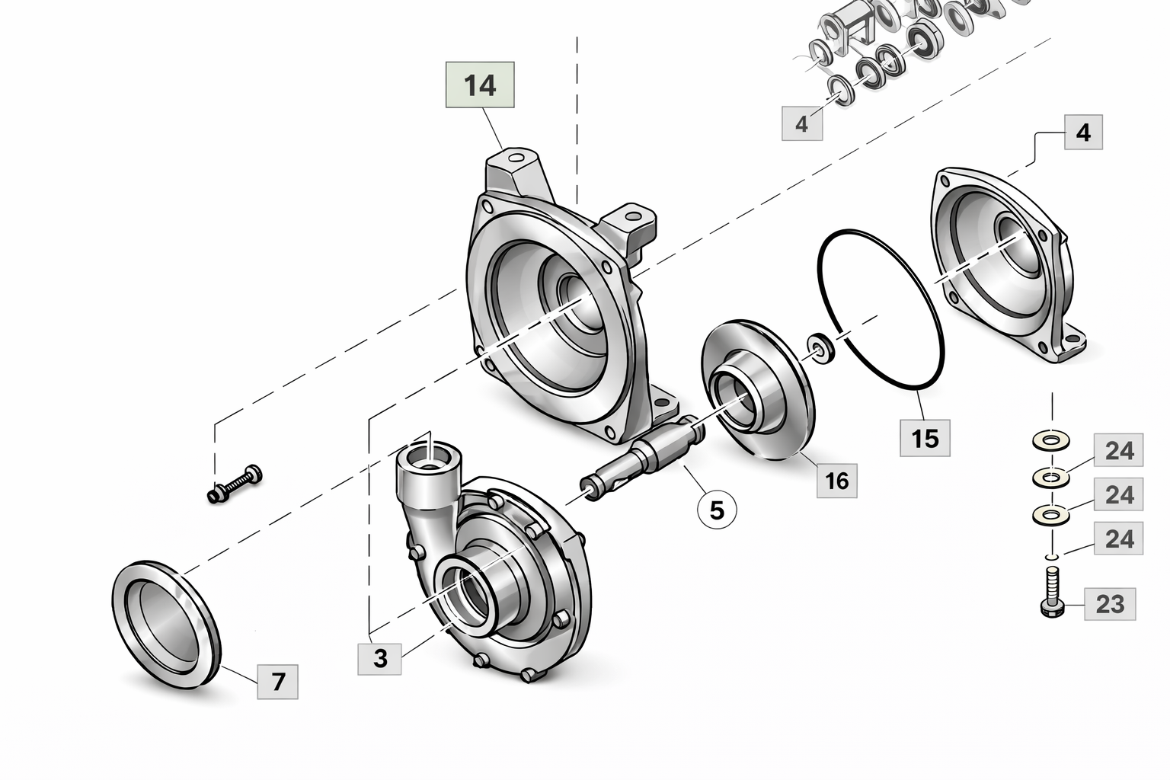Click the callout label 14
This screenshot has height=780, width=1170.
coord(480,85)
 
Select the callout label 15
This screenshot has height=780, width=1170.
coord(925,438)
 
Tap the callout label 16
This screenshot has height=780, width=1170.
coord(836,481)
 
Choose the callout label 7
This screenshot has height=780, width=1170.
coord(277,681)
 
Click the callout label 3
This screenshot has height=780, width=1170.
coord(380,657)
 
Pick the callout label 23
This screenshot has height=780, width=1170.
coord(1110,604)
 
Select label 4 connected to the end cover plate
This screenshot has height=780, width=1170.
coord(1082,133)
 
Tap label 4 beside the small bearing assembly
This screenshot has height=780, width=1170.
coord(802,123)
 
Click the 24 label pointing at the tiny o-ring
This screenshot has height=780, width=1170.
coord(1119,539)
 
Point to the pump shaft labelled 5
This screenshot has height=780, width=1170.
coord(644,457)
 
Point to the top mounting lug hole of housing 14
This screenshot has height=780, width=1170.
coord(517,158)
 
